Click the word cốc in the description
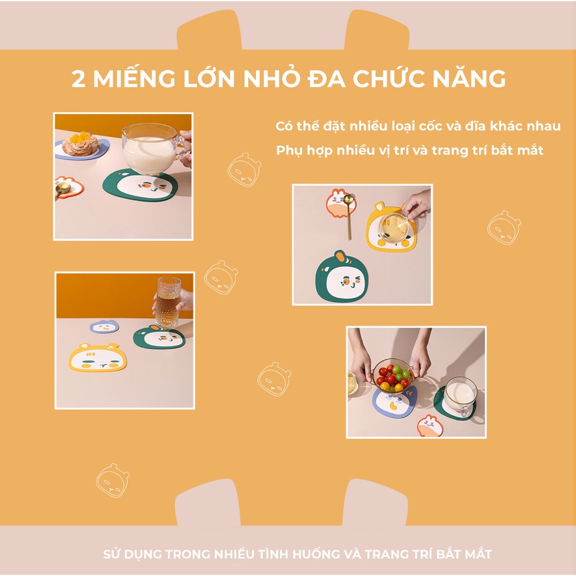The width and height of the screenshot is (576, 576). [433, 126]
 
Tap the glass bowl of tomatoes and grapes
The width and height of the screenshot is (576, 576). [393, 375]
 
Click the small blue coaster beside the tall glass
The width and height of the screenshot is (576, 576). [105, 327]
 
